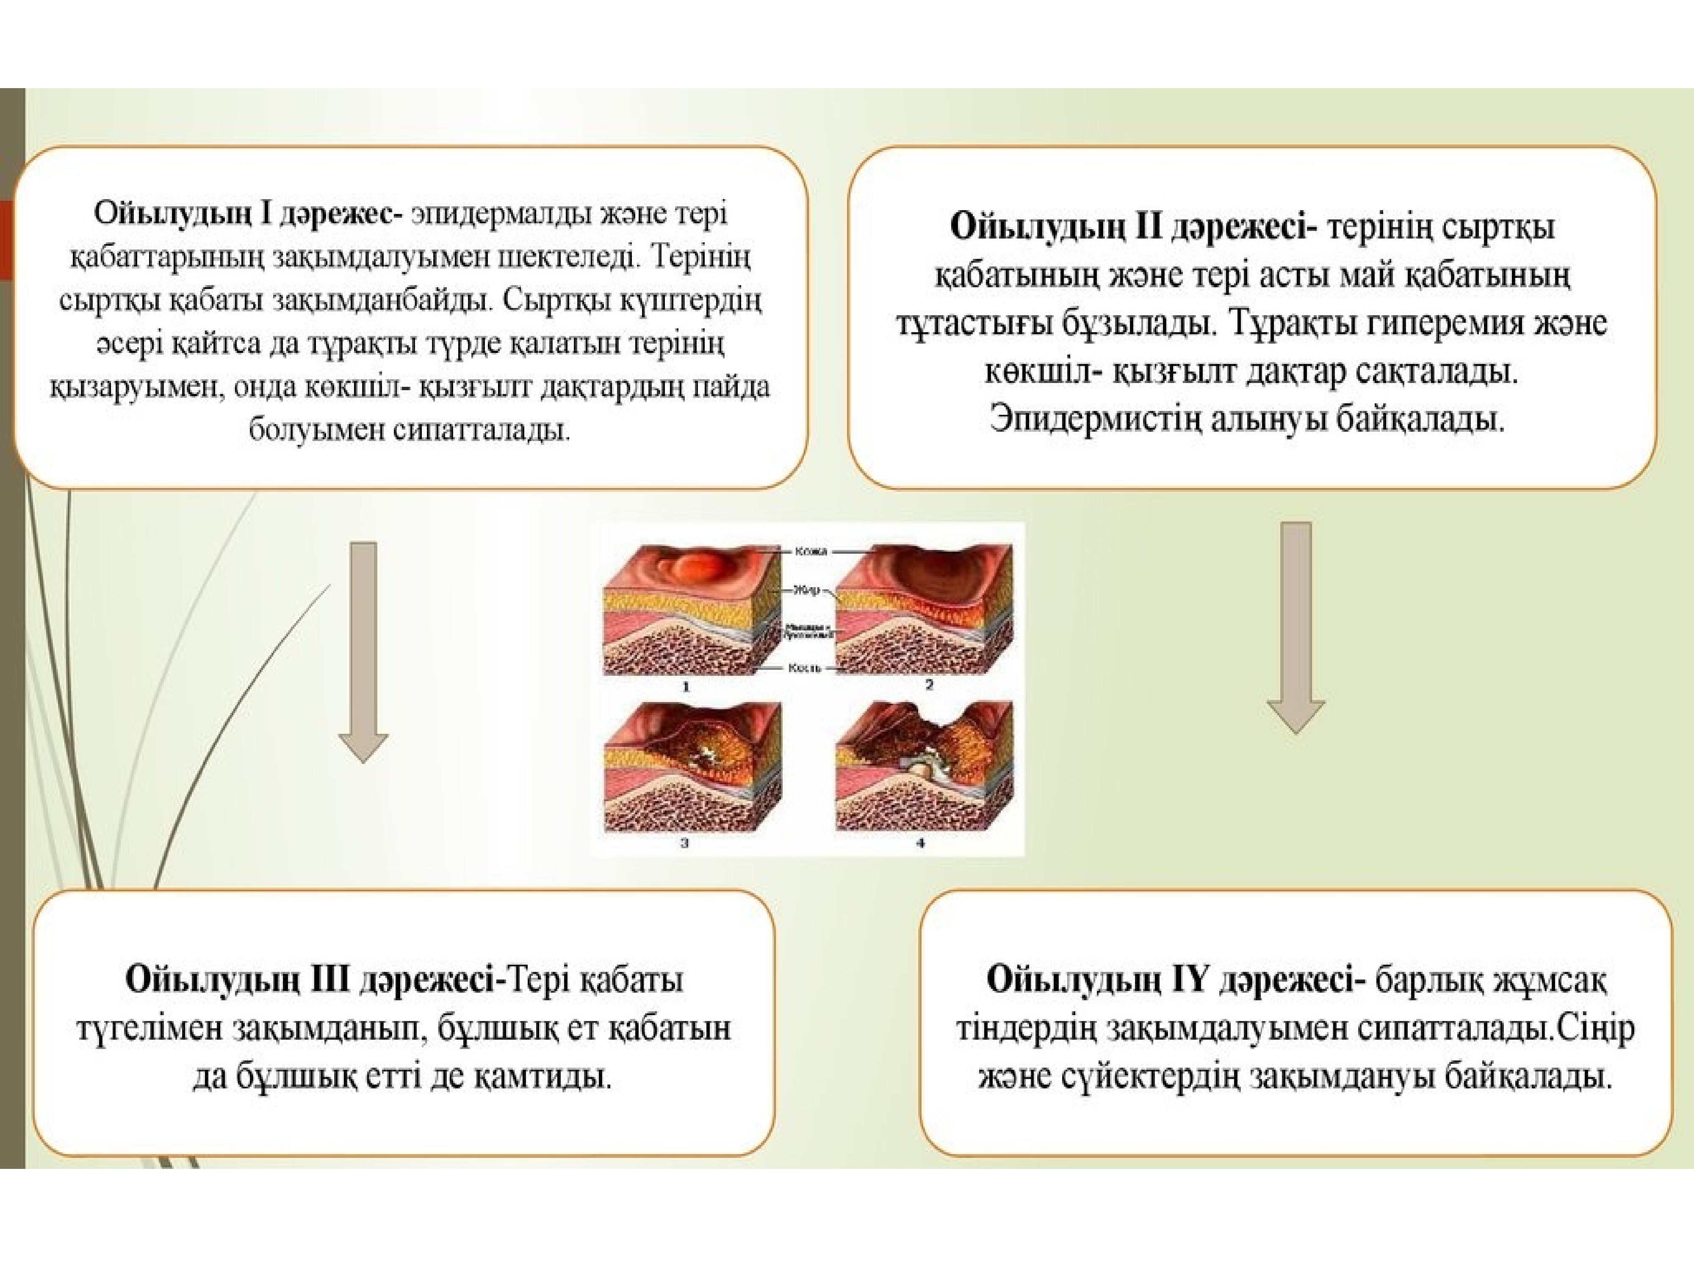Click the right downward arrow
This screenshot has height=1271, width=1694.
coord(1296,628)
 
